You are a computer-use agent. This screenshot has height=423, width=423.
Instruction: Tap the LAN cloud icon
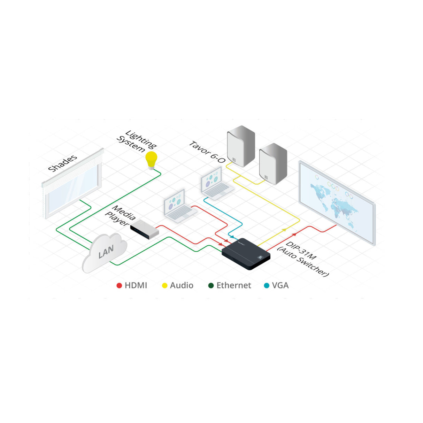[105, 252]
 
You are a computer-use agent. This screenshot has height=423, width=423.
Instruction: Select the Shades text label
[63, 163]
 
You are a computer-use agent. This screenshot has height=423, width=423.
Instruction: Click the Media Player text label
[120, 216]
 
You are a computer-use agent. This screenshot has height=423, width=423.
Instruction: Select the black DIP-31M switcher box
[246, 254]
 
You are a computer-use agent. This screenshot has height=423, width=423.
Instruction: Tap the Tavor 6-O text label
[207, 152]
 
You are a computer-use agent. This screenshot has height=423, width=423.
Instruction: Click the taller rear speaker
[241, 146]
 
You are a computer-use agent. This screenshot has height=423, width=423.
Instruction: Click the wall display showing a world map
[337, 202]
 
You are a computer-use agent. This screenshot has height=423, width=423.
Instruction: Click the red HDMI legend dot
[119, 286]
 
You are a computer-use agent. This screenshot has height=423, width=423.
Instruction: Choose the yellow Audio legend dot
[165, 286]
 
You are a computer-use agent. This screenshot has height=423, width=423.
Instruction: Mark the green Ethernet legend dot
[211, 286]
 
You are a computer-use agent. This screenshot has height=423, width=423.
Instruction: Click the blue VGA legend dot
[267, 286]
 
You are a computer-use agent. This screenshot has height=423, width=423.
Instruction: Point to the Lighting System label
[136, 142]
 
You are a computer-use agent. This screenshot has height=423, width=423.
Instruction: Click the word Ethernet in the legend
[233, 286]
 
